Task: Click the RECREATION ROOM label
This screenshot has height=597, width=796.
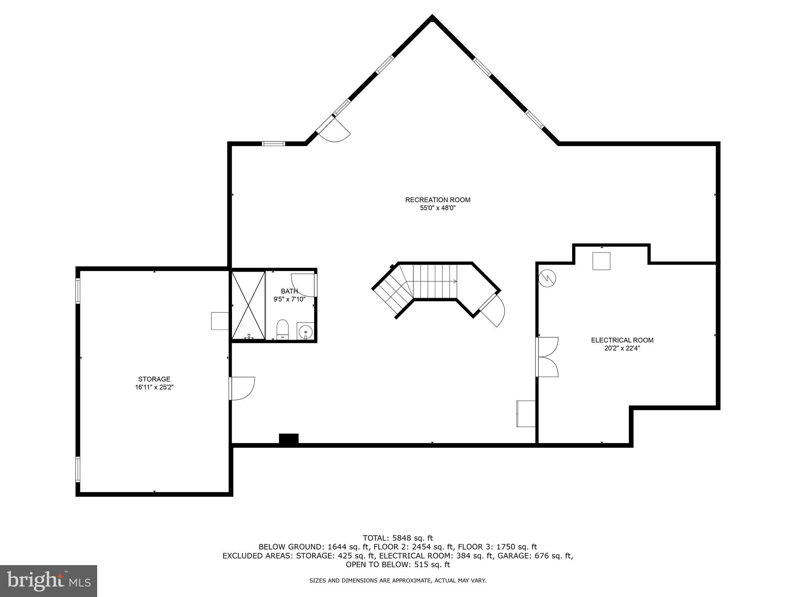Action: tap(438, 200)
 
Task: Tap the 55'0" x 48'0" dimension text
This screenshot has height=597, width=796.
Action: tap(438, 208)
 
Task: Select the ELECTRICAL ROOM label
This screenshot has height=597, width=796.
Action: tap(622, 340)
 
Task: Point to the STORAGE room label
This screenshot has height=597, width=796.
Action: tap(154, 379)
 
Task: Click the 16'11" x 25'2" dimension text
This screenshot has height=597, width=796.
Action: tap(154, 387)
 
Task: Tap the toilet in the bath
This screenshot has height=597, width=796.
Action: tap(283, 329)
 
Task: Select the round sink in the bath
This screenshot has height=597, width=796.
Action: tap(305, 332)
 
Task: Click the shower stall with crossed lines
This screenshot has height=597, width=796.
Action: tap(248, 305)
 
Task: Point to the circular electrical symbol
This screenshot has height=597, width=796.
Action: tap(548, 278)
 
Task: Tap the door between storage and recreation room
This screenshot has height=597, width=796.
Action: tap(242, 388)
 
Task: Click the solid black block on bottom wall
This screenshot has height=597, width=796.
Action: tap(289, 438)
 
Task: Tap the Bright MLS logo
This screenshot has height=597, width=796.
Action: tap(49, 581)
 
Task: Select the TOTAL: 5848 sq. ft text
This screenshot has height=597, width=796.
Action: tap(398, 538)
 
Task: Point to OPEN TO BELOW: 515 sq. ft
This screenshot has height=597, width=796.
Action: tap(398, 564)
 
